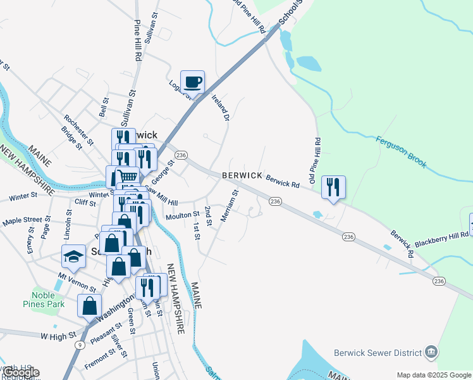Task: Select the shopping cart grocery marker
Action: [127, 177]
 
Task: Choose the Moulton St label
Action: [182, 217]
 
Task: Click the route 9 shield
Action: [80, 345]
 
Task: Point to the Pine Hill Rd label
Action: [137, 40]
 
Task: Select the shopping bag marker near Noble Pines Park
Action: [90, 305]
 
